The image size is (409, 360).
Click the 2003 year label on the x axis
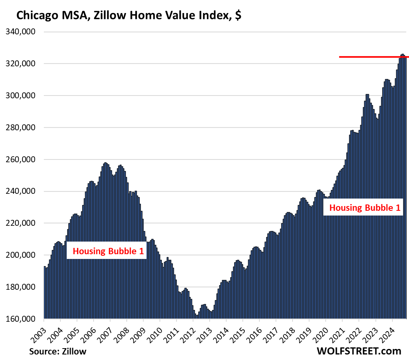coord(38,329)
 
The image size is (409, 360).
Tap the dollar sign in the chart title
coord(238,16)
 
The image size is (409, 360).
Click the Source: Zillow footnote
coord(58,351)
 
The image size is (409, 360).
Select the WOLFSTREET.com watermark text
coord(358,351)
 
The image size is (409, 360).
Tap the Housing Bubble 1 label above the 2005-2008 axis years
coord(107,251)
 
